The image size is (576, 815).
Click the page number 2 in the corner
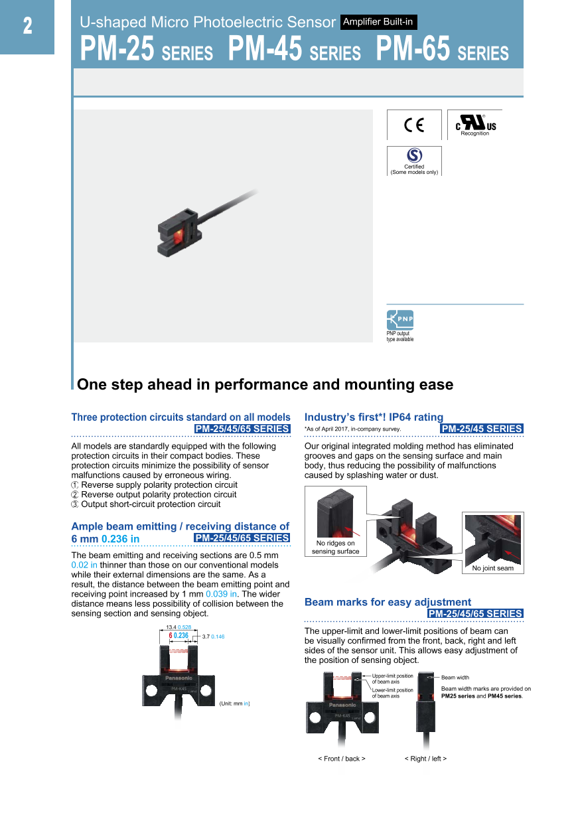27,27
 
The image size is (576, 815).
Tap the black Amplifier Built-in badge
378,23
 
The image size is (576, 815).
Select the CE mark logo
413,125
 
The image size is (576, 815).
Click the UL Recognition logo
475,125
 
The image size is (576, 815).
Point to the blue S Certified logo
414,155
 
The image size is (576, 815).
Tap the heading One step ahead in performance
265,385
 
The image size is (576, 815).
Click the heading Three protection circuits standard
180,417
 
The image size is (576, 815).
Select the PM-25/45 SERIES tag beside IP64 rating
482,429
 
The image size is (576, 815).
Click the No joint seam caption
492,568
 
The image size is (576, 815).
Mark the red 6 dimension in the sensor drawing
171,636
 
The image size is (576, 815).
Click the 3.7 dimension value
206,636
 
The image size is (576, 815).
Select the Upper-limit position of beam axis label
392,679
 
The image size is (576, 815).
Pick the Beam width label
455,678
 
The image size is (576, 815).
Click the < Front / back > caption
341,759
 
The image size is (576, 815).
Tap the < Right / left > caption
425,759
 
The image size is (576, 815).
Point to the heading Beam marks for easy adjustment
388,603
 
